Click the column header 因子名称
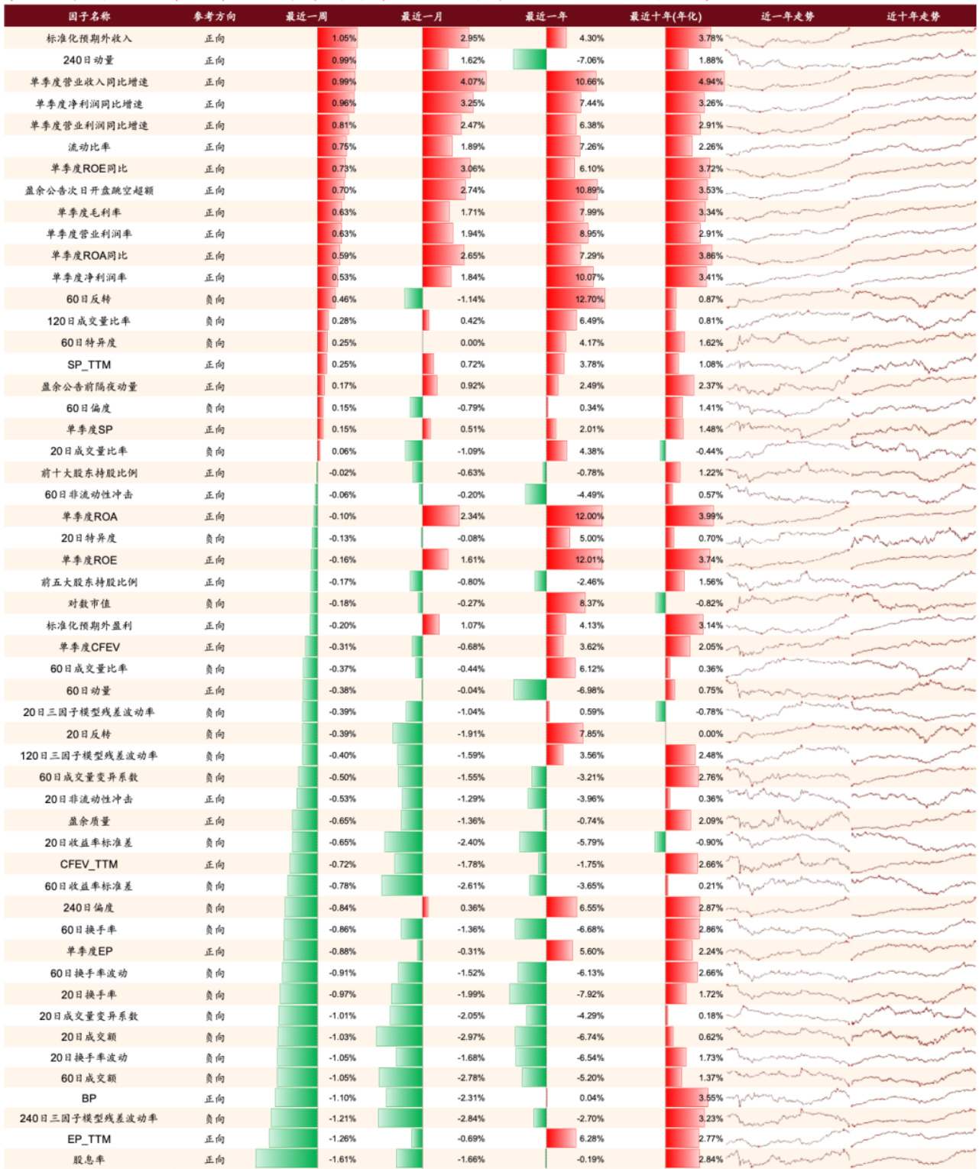click(x=89, y=16)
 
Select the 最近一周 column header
click(x=306, y=16)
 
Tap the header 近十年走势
click(x=913, y=16)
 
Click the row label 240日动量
click(x=89, y=60)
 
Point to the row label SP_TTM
click(x=89, y=364)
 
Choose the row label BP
click(x=89, y=1098)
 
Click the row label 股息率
click(x=89, y=1159)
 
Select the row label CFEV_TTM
click(x=89, y=864)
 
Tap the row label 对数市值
click(x=89, y=604)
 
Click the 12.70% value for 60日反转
click(x=589, y=300)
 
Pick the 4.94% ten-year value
click(x=710, y=82)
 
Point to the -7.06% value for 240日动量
click(x=590, y=60)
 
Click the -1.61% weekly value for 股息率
click(x=342, y=1159)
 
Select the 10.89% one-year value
click(x=589, y=190)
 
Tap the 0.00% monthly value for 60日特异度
click(x=472, y=343)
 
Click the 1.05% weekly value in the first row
click(x=344, y=38)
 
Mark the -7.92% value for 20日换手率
click(x=590, y=994)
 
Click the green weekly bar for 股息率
click(x=286, y=1158)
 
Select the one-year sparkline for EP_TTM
click(x=787, y=1138)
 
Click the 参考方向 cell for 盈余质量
click(x=215, y=821)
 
